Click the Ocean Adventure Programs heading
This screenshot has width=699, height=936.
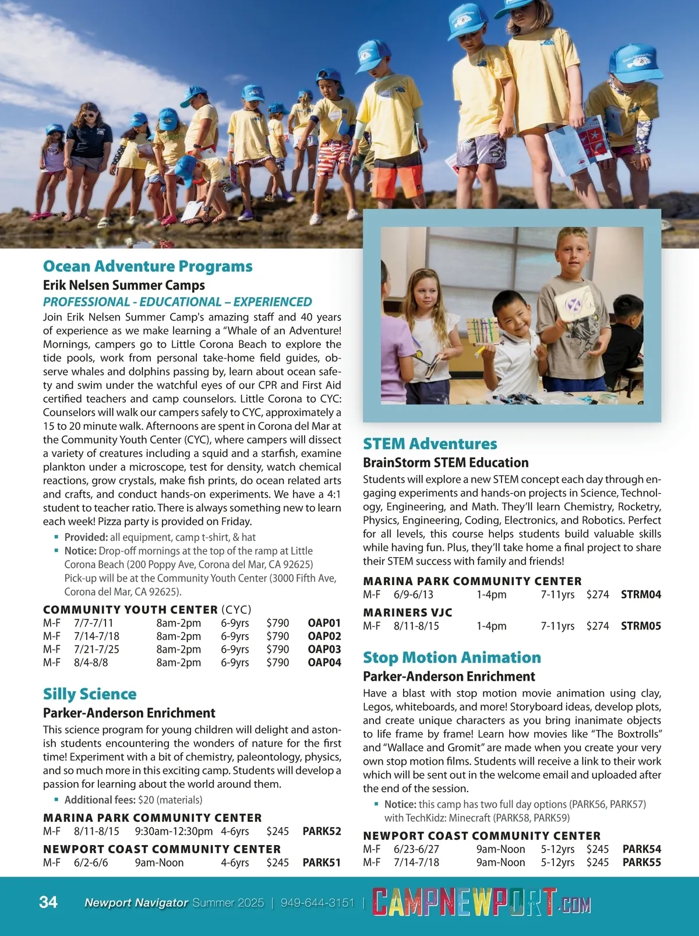[147, 266]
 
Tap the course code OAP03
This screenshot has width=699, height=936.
[324, 649]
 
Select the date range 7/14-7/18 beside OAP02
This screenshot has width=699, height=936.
[97, 636]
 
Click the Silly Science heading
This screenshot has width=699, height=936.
[90, 694]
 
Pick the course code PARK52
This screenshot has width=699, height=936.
[322, 831]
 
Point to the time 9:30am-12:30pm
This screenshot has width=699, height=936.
[174, 831]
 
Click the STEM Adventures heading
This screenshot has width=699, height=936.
[430, 444]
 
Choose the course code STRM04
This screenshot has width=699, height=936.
[641, 594]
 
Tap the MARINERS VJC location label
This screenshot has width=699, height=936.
[407, 613]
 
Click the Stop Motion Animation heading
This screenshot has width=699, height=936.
[451, 657]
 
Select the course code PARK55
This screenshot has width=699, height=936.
[641, 862]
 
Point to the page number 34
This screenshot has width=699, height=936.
[48, 902]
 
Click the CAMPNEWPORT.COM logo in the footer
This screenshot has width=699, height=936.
[481, 902]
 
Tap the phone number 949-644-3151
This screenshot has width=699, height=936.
[317, 903]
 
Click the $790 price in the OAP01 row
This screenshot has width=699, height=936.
[277, 623]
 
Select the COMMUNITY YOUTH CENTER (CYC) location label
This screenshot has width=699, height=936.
[147, 610]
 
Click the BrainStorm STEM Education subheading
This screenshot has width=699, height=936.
[446, 463]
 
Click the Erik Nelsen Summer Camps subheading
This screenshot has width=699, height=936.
[123, 285]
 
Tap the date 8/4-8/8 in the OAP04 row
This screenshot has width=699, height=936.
[91, 663]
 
